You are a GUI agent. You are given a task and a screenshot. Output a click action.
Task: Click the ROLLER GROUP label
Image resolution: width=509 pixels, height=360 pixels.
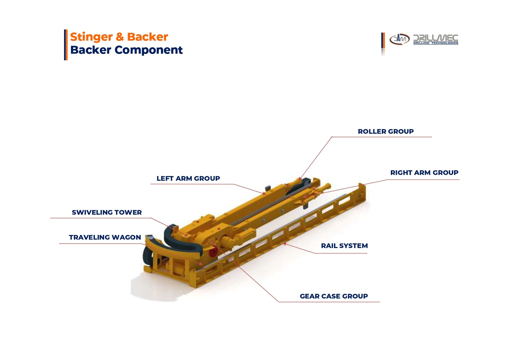(385, 131)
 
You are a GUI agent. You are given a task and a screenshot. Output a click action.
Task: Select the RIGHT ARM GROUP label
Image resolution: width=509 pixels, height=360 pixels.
(424, 173)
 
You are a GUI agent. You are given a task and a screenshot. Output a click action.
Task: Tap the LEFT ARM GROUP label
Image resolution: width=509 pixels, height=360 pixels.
(188, 178)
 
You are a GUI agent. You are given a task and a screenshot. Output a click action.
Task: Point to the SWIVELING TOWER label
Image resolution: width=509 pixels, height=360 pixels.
(107, 212)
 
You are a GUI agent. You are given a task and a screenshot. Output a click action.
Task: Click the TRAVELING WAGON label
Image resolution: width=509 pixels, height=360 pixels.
(105, 237)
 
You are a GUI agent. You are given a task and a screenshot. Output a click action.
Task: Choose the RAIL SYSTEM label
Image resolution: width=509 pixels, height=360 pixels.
(344, 246)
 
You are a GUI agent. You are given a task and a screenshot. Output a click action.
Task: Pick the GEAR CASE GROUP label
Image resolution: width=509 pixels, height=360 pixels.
(334, 296)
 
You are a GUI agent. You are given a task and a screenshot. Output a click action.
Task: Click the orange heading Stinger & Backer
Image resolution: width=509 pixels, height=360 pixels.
(119, 37)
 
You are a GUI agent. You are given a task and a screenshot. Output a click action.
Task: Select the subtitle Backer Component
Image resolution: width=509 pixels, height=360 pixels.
(126, 50)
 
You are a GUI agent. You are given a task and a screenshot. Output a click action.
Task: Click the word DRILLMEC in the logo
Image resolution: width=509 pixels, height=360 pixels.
(436, 38)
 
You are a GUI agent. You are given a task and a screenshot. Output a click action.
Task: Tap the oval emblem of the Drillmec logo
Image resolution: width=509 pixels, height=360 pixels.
(399, 39)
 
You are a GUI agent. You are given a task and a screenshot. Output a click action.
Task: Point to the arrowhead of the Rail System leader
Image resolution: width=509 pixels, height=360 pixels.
(285, 244)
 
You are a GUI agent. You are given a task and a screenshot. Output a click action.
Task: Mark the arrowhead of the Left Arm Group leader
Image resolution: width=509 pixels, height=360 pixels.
(264, 193)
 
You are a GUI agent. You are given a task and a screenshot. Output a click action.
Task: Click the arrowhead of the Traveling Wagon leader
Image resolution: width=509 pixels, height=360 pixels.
(201, 263)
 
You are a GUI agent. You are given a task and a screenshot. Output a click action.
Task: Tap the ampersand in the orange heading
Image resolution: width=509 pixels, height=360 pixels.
(119, 37)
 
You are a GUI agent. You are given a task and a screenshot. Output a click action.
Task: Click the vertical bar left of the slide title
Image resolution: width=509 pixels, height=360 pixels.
(66, 45)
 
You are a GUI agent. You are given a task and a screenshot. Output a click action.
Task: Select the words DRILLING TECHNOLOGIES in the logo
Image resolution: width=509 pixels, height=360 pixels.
(436, 43)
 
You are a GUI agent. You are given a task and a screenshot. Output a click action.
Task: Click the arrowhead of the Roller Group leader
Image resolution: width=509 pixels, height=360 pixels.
(300, 178)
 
